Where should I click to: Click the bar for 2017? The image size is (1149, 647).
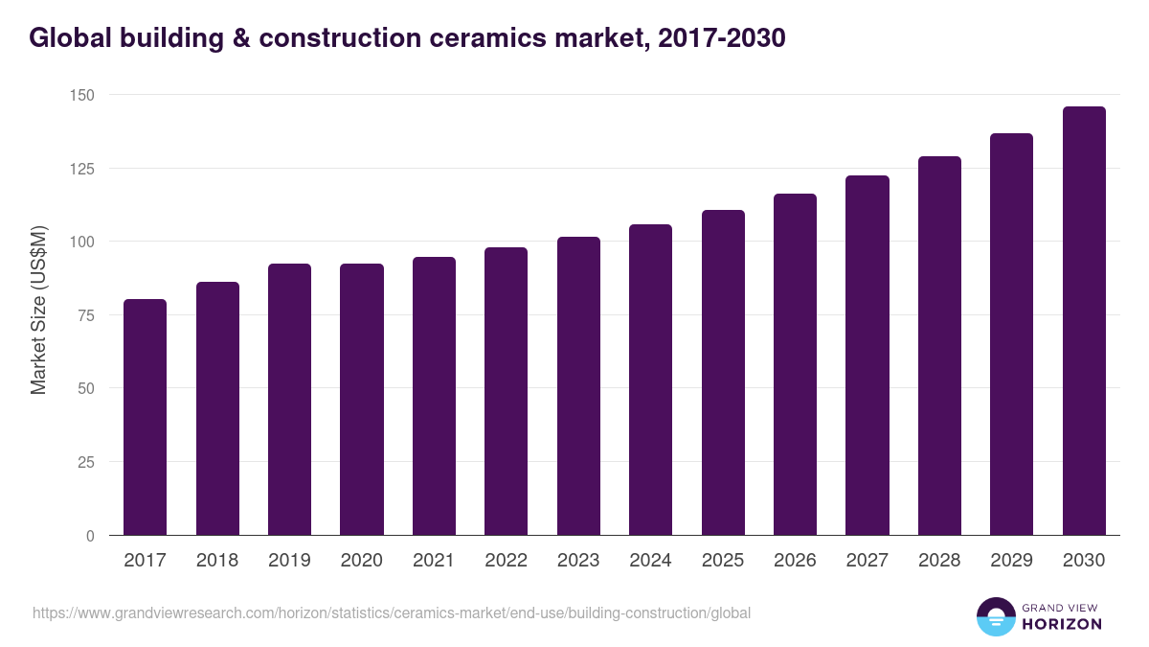tap(145, 417)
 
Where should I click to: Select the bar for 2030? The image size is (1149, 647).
tap(1084, 321)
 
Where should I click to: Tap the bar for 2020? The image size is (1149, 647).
tap(362, 400)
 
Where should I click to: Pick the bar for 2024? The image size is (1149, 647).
tap(650, 380)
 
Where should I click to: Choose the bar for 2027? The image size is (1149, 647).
tap(867, 356)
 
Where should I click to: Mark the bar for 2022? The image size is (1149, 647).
tap(506, 391)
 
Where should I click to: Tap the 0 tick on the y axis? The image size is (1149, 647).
tap(90, 536)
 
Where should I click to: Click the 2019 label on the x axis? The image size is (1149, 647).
tap(289, 561)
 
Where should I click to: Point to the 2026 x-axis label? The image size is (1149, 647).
tap(795, 561)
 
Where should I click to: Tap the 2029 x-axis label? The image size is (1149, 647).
tap(1011, 561)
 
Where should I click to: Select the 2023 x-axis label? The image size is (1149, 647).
tap(578, 561)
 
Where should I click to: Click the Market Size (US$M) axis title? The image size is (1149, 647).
tap(38, 311)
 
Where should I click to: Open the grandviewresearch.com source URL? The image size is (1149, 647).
tap(392, 612)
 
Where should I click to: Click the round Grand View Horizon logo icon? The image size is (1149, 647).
tap(995, 616)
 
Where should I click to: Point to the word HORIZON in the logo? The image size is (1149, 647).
tap(1062, 624)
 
